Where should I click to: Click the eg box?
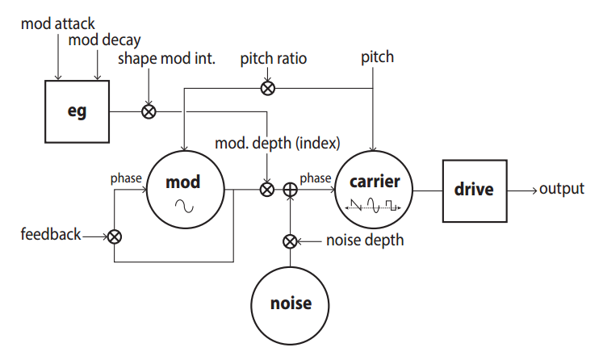(77, 111)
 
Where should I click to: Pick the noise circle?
(291, 303)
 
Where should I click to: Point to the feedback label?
(52, 235)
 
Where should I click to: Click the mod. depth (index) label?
(278, 143)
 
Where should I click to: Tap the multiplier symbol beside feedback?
(115, 237)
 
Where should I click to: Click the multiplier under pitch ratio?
(267, 87)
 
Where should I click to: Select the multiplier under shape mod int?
(149, 111)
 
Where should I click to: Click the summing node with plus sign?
(291, 190)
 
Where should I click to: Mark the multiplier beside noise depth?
(291, 241)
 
